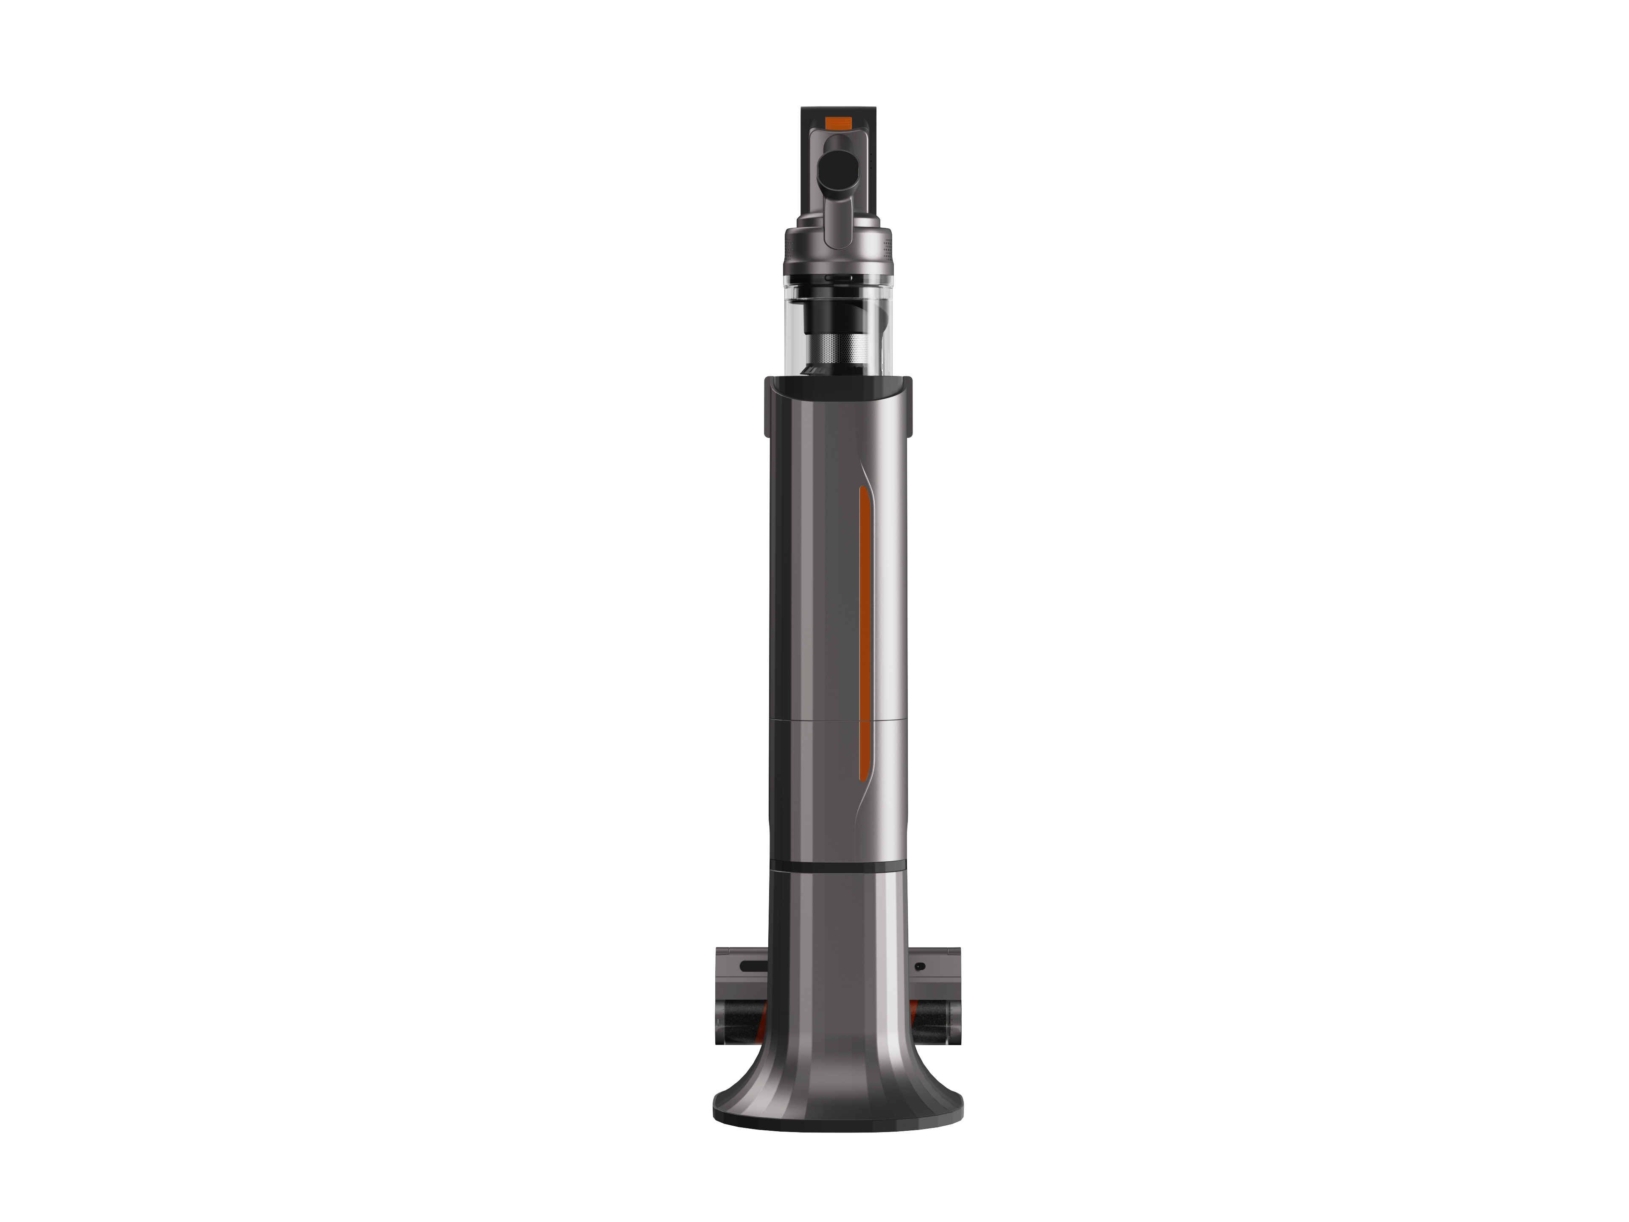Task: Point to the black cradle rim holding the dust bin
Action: click(838, 384)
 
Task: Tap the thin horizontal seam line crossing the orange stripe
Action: click(865, 721)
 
